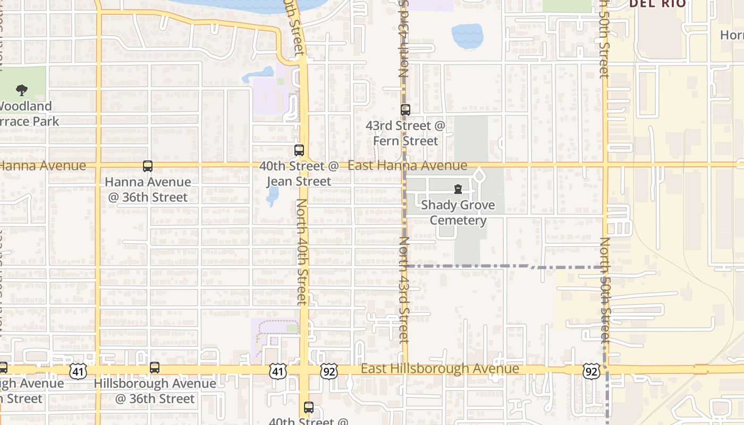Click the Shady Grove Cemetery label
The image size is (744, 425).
[458, 212]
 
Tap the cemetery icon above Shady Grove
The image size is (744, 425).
[458, 189]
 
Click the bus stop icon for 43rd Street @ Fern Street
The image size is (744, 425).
[405, 110]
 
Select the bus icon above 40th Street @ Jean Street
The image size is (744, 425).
[299, 150]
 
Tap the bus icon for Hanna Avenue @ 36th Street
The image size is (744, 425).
[148, 166]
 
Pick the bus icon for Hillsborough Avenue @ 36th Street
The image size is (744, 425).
[155, 367]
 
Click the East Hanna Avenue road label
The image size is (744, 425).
[408, 166]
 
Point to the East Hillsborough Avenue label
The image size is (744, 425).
[439, 369]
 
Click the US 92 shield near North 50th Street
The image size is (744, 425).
[591, 371]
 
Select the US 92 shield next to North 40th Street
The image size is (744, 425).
[328, 371]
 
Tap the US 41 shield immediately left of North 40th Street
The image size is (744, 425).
[277, 371]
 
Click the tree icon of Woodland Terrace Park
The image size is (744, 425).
[22, 90]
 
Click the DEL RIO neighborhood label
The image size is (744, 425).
[657, 4]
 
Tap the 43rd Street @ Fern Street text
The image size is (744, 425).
[405, 133]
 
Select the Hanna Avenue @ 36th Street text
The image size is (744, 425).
[148, 190]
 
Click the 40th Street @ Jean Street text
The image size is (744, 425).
[299, 174]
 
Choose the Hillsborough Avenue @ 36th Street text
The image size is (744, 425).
[155, 391]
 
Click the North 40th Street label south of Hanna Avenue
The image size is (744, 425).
[302, 252]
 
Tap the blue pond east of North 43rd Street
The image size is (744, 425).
[467, 36]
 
